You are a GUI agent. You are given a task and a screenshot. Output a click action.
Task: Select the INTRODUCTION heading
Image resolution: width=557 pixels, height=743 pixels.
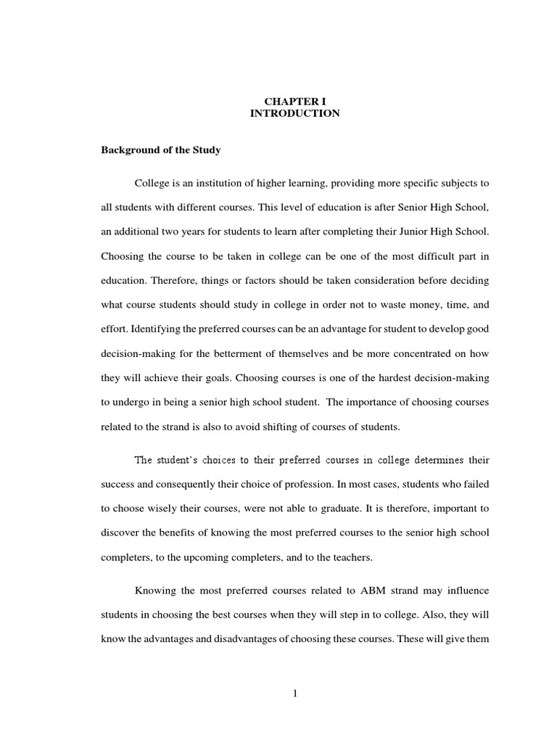coord(294,114)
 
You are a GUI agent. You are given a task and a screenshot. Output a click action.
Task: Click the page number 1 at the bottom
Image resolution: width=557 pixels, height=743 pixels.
coord(295,693)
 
